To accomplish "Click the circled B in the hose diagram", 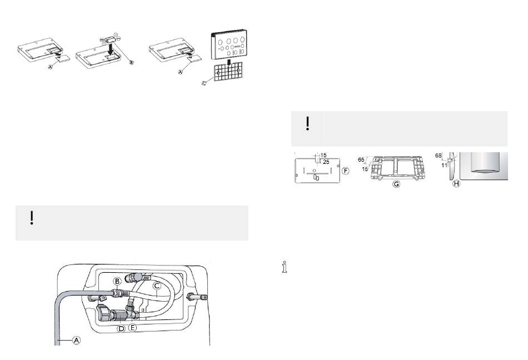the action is pos(117,281).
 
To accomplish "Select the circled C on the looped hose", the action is pos(157,286).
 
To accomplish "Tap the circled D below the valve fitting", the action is pos(121,328).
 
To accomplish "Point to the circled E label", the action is pos(133,327).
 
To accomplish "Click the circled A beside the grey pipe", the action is pos(77,340).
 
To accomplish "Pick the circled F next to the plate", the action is pos(346,171).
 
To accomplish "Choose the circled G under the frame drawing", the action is pos(396,184).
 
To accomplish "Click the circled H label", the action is pos(456,184).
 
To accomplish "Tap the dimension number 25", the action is pos(326,162).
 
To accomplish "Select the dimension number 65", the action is pos(361,160).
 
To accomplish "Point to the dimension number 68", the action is pos(438,156).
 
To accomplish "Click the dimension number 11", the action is pos(444,165).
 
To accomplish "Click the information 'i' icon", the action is pos(285,267).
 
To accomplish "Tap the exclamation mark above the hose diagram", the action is pos(32,218).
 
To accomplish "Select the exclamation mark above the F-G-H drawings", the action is pos(307,123).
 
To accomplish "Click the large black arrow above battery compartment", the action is pos(111,49).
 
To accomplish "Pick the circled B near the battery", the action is pos(132,63).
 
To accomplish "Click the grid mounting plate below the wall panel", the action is pos(228,72).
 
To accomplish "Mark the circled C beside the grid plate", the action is pos(204,83).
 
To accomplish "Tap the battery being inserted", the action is pos(110,38).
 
